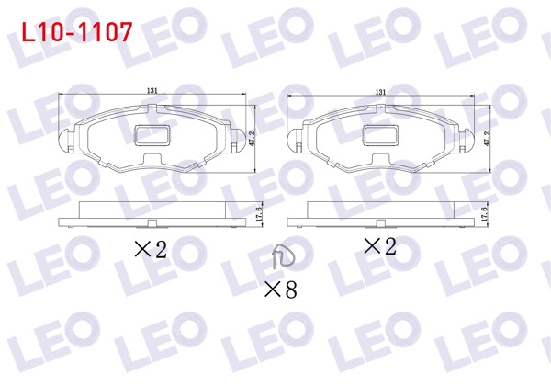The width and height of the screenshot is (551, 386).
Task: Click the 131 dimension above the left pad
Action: [152, 90]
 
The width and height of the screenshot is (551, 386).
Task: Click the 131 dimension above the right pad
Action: [380, 90]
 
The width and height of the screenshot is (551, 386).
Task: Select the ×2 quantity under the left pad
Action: [151, 249]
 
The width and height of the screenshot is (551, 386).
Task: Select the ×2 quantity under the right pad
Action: [379, 246]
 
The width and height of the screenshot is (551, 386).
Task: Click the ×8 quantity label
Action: [280, 290]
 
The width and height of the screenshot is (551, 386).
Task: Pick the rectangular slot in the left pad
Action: [153, 134]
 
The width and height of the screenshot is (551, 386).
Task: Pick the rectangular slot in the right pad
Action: [382, 134]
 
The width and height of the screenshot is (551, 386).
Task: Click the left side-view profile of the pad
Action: [152, 214]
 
